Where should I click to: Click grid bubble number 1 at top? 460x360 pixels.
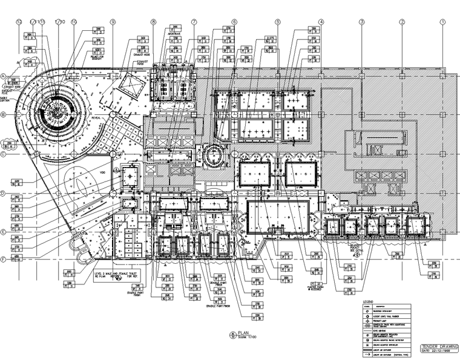click(x=442, y=22)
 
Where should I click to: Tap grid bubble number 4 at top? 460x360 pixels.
click(x=321, y=22)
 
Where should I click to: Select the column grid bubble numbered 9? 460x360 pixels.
click(x=113, y=22)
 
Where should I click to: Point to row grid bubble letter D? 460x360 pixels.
click(x=3, y=194)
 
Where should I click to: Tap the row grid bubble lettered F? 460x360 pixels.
click(x=3, y=260)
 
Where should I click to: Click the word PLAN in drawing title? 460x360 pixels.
click(x=244, y=333)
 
